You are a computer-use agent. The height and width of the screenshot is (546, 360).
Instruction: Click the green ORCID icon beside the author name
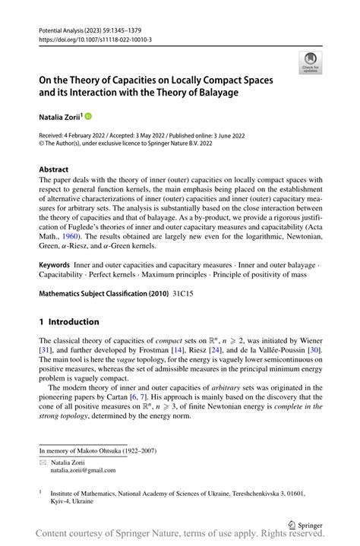[x=87, y=116]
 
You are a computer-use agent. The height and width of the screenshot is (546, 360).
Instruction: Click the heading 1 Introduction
[x=68, y=321]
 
